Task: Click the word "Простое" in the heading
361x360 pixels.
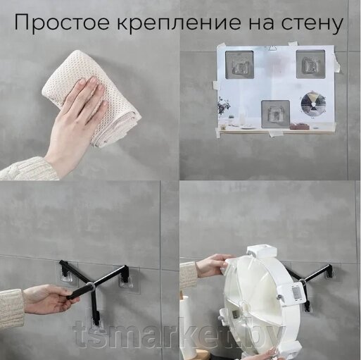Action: pyautogui.click(x=62, y=23)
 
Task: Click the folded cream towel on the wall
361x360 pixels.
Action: pyautogui.click(x=94, y=99)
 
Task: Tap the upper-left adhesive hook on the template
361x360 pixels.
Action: pyautogui.click(x=239, y=64)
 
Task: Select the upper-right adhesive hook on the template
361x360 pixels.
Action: pyautogui.click(x=310, y=64)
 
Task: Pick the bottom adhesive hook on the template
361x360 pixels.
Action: pyautogui.click(x=276, y=114)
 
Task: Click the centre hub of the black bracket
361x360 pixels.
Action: pyautogui.click(x=90, y=286)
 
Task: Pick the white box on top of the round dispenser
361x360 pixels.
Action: pyautogui.click(x=262, y=252)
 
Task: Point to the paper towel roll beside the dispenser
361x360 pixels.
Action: pyautogui.click(x=189, y=326)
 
